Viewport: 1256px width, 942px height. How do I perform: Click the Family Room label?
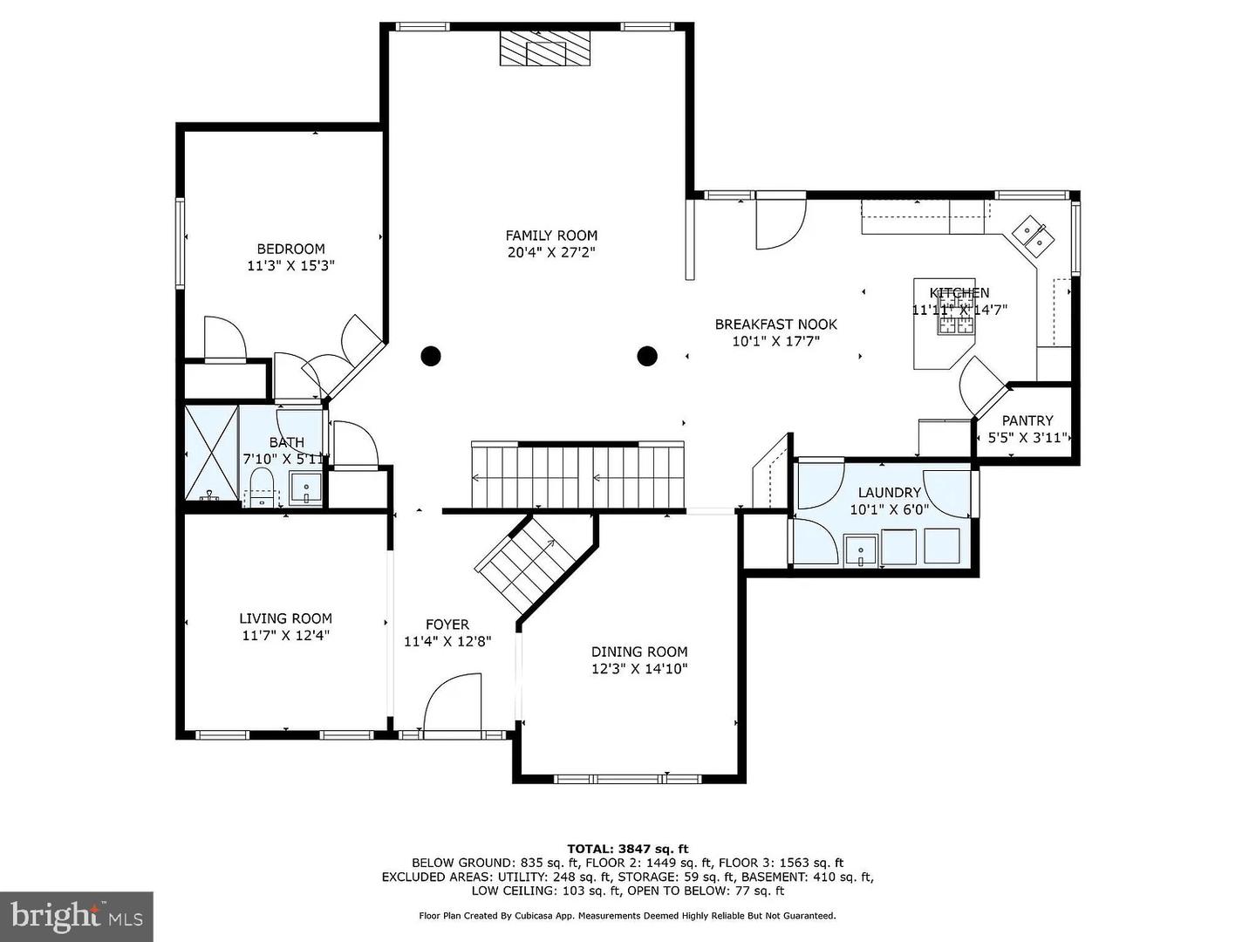[x=551, y=235]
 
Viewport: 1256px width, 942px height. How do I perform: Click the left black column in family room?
[x=431, y=356]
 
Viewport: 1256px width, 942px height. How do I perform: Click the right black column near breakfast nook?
[x=646, y=356]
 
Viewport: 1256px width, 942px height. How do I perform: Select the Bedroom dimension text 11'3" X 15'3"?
[x=290, y=266]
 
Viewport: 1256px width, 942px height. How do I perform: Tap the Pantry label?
[x=1027, y=420]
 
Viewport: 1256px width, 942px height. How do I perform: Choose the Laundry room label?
[x=889, y=493]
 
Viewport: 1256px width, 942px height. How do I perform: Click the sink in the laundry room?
[x=862, y=551]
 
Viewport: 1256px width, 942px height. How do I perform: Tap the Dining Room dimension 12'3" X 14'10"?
[x=639, y=669]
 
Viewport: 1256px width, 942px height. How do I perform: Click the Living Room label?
[x=285, y=618]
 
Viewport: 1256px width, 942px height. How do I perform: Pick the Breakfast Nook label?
[x=775, y=324]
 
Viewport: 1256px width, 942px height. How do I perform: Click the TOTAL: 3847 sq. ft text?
[x=627, y=848]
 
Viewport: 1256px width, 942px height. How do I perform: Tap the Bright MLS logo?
[x=77, y=916]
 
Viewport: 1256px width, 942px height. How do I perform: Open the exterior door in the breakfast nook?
[x=779, y=224]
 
